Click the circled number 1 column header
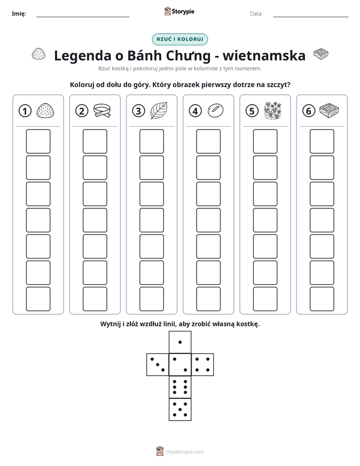point(25,111)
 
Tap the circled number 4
point(195,111)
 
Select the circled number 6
point(309,111)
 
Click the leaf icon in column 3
point(159,110)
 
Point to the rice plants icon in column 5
point(272,110)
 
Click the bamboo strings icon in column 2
point(102,110)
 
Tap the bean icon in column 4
point(215,110)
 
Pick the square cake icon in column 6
point(329,110)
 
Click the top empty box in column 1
point(38,141)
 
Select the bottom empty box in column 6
point(322,299)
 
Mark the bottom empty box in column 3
point(151,299)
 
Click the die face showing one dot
point(180,342)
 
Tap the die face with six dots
point(180,387)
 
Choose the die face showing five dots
point(180,409)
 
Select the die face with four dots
point(202,364)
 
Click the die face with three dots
point(158,364)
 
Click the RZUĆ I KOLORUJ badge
point(179,39)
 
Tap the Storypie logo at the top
point(179,11)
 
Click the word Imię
point(19,14)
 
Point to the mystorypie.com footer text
point(185,452)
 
